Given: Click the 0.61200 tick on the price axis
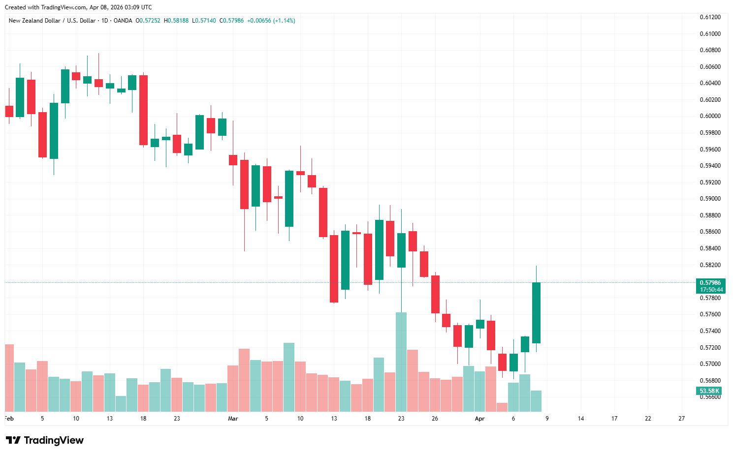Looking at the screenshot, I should tap(710, 17).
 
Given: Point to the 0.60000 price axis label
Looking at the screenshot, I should tap(710, 116).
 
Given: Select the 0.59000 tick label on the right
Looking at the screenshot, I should tap(710, 199).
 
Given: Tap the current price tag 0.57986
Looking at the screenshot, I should tap(710, 283).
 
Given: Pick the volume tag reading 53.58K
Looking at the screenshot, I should tap(709, 391).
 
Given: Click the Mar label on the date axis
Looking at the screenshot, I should tap(233, 419).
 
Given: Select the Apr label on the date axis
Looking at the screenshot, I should tap(479, 419).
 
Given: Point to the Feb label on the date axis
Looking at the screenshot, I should tap(9, 419).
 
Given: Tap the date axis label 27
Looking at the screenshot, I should tap(681, 419).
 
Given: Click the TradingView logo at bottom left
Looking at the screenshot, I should tap(45, 440).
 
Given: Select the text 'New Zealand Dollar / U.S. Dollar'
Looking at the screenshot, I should tap(52, 21).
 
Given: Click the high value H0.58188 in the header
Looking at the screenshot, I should tap(176, 21).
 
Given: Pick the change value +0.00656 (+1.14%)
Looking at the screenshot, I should tap(271, 21).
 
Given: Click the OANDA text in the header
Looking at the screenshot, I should tap(123, 21).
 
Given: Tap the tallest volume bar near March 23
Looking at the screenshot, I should tap(401, 362).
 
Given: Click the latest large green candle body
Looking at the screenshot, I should tap(536, 313).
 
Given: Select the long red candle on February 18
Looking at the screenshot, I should tap(143, 110).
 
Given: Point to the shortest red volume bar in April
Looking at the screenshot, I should tap(502, 407).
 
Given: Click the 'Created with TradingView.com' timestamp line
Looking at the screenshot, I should tap(78, 7).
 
